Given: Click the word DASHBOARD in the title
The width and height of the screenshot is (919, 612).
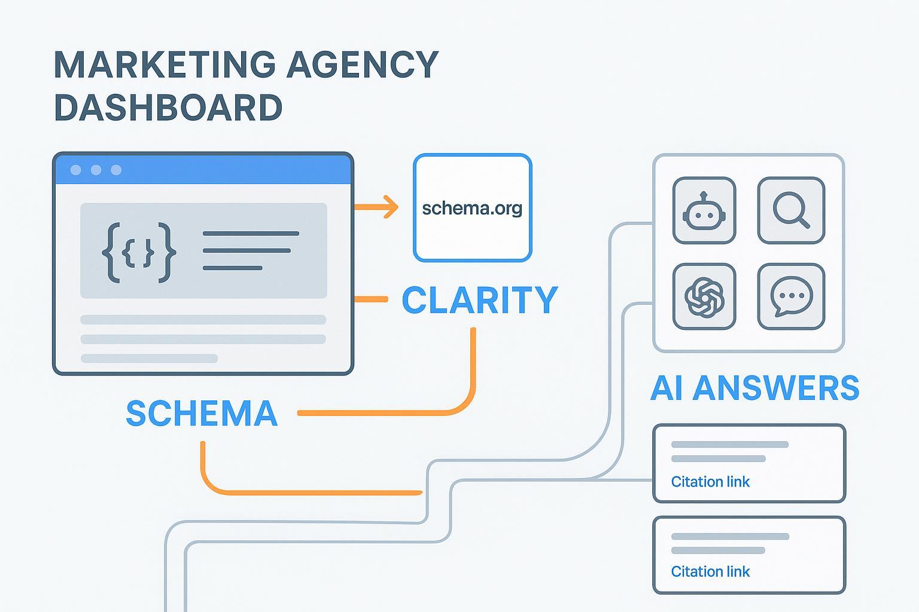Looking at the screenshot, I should (x=168, y=108).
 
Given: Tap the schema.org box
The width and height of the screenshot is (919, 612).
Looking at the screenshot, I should (x=472, y=207).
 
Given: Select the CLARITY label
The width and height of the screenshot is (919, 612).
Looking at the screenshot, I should (x=480, y=300).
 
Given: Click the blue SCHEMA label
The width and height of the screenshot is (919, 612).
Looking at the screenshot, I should (x=202, y=413).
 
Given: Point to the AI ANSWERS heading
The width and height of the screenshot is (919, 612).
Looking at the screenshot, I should (x=754, y=388).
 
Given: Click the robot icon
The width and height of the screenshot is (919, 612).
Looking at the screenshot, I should (x=704, y=210).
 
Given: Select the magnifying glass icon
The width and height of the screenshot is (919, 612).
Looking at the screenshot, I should (x=791, y=210).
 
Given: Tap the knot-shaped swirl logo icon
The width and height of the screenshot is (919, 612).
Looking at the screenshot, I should (x=704, y=297).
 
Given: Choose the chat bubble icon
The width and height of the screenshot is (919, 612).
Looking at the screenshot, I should (x=791, y=297).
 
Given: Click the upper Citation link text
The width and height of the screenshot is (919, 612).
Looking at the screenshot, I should (x=710, y=482).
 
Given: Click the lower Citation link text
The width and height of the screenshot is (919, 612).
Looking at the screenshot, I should (x=710, y=571).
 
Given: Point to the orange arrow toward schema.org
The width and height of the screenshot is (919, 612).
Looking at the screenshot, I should (x=376, y=207).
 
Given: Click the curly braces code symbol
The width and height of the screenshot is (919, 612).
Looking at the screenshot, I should (x=139, y=252).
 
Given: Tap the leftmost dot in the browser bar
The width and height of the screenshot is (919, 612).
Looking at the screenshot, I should (x=76, y=170).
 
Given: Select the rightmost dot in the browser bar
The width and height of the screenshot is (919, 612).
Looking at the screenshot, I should (x=117, y=170).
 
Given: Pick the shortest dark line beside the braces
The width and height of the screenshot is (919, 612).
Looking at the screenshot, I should (x=233, y=268).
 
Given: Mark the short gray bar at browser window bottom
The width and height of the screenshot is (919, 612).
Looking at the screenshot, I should (x=149, y=359).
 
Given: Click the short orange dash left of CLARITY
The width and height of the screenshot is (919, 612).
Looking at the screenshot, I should (x=371, y=299).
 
